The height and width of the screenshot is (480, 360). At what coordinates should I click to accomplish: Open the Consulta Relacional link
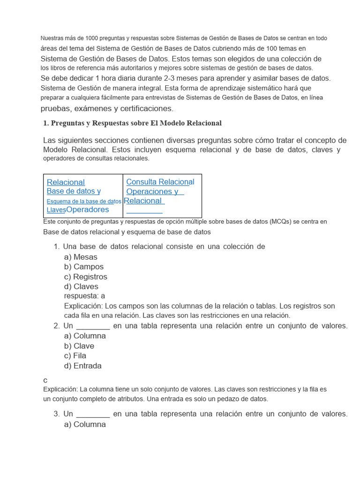click(x=160, y=182)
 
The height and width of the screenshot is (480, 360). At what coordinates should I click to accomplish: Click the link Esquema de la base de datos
click(x=84, y=201)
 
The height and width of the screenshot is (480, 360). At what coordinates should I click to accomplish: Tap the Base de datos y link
click(x=74, y=191)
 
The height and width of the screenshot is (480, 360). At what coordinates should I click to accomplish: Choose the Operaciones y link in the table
click(x=152, y=191)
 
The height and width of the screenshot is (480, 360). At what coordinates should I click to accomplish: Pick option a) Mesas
click(x=81, y=257)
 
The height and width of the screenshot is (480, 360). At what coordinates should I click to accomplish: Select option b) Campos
click(x=83, y=267)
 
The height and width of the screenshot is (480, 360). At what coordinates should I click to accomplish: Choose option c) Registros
click(x=85, y=277)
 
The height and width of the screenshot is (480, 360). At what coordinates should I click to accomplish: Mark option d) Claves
click(x=81, y=286)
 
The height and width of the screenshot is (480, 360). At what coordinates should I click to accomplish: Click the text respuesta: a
click(x=84, y=296)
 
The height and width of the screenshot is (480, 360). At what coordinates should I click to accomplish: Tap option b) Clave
click(x=79, y=346)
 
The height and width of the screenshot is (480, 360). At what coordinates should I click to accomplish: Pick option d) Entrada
click(x=82, y=366)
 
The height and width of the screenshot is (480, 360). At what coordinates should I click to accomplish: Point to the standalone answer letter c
click(x=45, y=380)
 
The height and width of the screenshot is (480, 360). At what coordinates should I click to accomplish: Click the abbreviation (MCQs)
click(x=282, y=221)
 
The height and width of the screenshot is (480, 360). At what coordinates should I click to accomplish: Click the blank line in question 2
click(x=93, y=326)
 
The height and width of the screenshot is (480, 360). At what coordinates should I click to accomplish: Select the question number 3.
click(x=56, y=414)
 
